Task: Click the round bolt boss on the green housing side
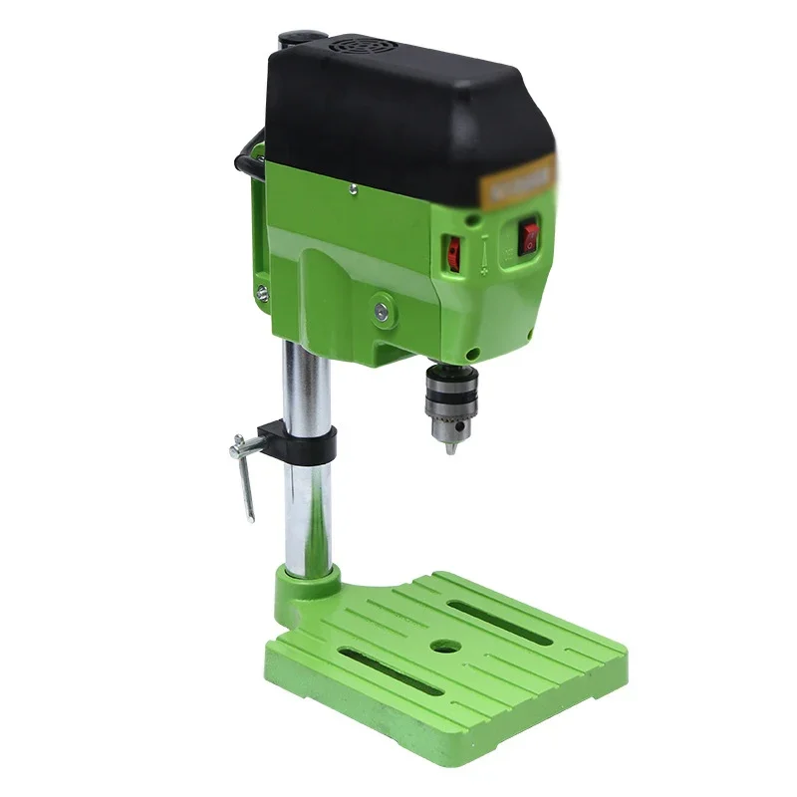click(381, 310)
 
